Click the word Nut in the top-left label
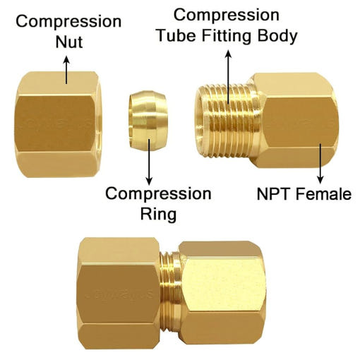pyautogui.click(x=69, y=42)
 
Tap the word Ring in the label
pyautogui.click(x=158, y=214)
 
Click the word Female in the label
pyautogui.click(x=323, y=194)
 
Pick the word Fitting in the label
pyautogui.click(x=227, y=37)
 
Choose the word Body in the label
pyautogui.click(x=277, y=37)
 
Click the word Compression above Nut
pyautogui.click(x=68, y=22)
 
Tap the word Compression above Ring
pyautogui.click(x=158, y=194)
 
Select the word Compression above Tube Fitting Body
pyautogui.click(x=227, y=16)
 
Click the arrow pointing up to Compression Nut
pyautogui.click(x=66, y=70)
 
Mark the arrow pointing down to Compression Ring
pyautogui.click(x=149, y=162)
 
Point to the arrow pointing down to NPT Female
pyautogui.click(x=320, y=164)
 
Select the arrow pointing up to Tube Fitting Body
pyautogui.click(x=228, y=77)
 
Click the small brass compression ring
pyautogui.click(x=148, y=121)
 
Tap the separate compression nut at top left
pyautogui.click(x=58, y=124)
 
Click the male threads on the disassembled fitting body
pyautogui.click(x=227, y=121)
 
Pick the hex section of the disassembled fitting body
pyautogui.click(x=296, y=121)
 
